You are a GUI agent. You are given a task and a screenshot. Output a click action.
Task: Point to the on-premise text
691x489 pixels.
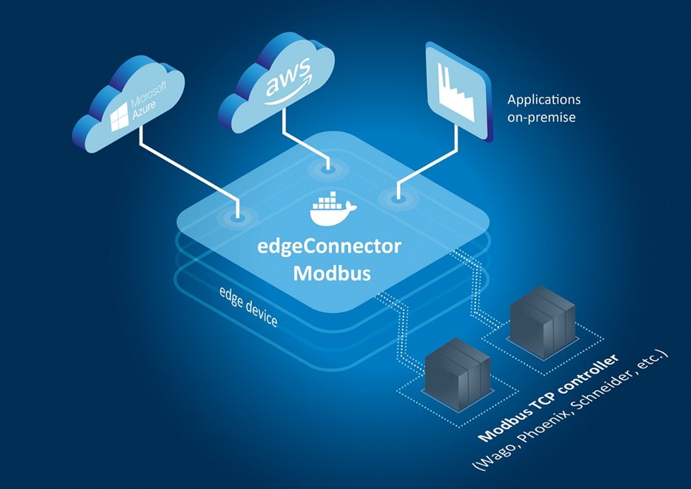[x=541, y=117]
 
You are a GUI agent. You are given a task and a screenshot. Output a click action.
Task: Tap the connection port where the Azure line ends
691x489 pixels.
[x=238, y=217]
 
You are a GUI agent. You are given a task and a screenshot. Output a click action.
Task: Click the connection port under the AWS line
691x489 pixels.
[x=326, y=170]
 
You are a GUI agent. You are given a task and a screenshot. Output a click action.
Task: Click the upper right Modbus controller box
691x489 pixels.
[x=541, y=323]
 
